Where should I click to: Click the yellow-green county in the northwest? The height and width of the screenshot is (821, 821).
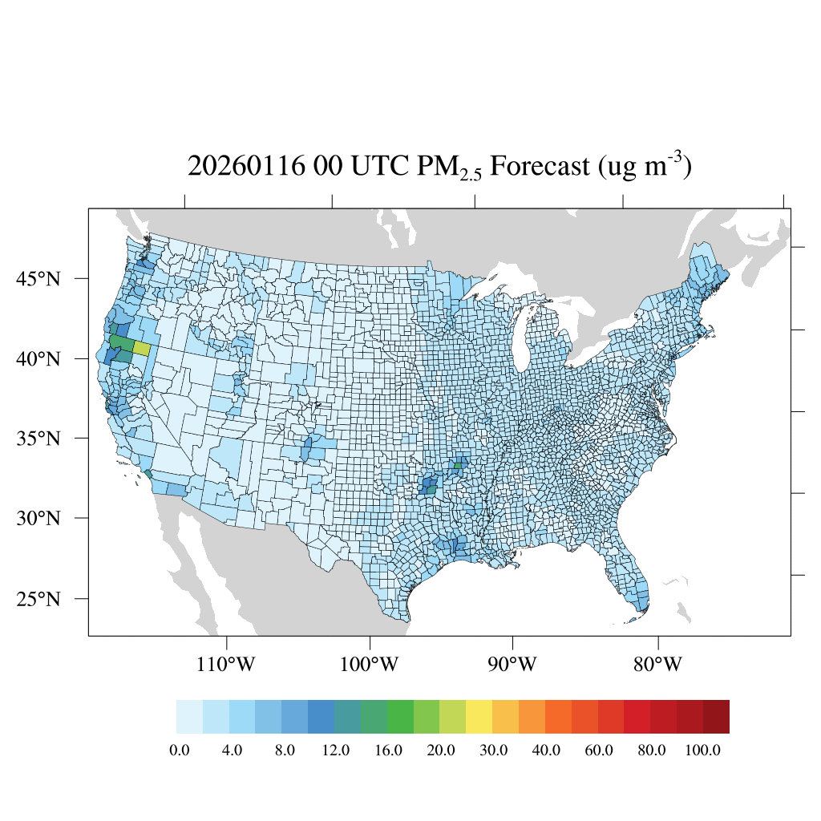click(x=141, y=348)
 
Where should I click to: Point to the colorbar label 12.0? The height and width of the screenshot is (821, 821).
click(x=335, y=750)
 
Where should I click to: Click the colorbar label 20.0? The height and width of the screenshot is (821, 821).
click(x=440, y=750)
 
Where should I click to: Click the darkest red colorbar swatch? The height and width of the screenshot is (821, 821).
click(x=716, y=717)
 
